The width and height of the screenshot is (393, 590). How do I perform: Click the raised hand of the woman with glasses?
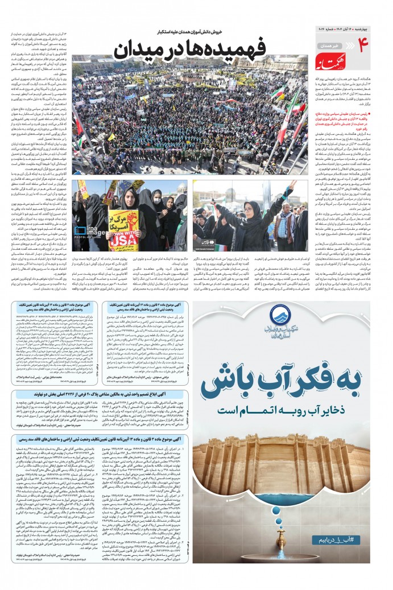coord(293,186)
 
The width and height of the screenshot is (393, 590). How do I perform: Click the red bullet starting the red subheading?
coord(370,113)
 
